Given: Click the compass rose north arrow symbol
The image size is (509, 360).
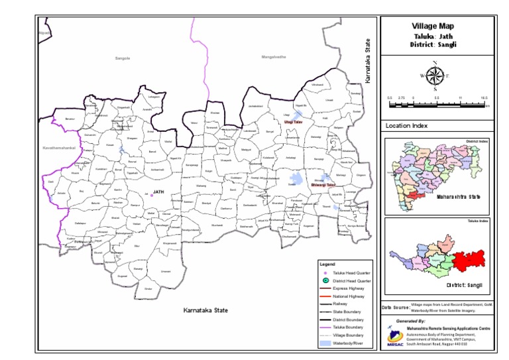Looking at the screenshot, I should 434,76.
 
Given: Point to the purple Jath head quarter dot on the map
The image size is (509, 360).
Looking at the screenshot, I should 152,196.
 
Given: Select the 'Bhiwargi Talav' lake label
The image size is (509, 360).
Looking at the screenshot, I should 323,184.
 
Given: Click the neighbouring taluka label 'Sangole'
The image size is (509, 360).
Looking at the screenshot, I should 123,58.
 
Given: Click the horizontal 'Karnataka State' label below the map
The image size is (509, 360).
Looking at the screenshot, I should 205,310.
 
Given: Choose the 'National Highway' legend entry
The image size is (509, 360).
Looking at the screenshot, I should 352,296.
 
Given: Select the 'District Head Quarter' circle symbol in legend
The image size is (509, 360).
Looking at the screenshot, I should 325,281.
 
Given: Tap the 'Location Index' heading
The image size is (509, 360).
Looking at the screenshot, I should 407,125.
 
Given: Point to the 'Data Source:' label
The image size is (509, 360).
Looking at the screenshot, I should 396,308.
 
